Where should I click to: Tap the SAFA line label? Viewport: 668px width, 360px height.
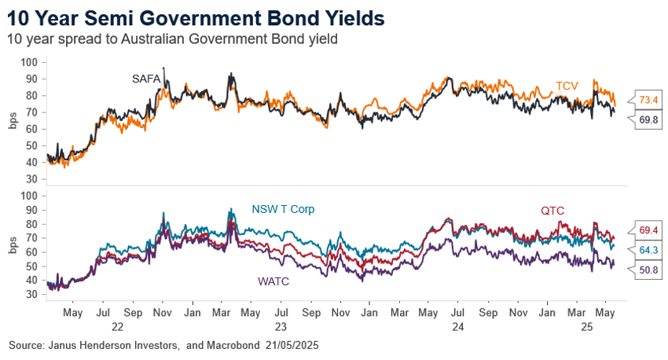pyautogui.click(x=145, y=78)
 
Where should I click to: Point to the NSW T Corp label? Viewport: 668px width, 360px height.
pyautogui.click(x=282, y=209)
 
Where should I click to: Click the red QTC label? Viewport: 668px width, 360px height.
pyautogui.click(x=552, y=211)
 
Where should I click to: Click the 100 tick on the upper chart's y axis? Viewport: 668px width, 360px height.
pyautogui.click(x=28, y=62)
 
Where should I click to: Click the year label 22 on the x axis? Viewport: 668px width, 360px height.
pyautogui.click(x=116, y=326)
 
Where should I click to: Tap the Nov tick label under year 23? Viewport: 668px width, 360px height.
pyautogui.click(x=340, y=313)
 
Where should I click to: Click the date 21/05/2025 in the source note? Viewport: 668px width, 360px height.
pyautogui.click(x=294, y=346)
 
